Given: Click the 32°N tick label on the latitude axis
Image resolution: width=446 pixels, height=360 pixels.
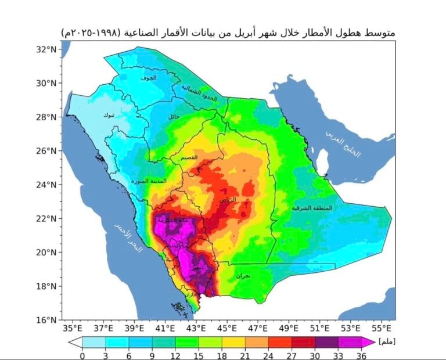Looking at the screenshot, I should tap(45, 49).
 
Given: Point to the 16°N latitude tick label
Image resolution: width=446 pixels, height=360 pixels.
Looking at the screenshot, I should tap(45, 320).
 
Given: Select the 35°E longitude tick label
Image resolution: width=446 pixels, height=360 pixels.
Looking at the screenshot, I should tap(71, 328).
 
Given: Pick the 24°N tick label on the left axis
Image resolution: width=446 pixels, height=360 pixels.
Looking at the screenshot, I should tap(45, 185).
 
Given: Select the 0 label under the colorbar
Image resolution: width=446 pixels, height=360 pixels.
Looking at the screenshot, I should tap(82, 356).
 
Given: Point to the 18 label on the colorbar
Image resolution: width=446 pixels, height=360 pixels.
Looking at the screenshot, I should tap(221, 356).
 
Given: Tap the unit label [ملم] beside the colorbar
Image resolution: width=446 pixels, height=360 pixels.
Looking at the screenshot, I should tap(386, 341).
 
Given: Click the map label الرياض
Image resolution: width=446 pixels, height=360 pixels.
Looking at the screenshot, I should tap(227, 199).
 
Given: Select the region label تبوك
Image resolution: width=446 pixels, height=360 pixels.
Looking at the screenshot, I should tap(109, 115).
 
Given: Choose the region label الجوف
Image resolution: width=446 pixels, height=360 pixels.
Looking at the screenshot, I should tap(149, 77).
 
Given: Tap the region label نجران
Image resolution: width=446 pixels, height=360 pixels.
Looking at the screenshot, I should tap(243, 276).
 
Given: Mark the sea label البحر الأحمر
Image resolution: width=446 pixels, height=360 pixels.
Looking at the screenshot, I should tap(127, 238).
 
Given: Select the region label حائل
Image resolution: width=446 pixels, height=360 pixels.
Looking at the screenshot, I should tap(174, 117).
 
